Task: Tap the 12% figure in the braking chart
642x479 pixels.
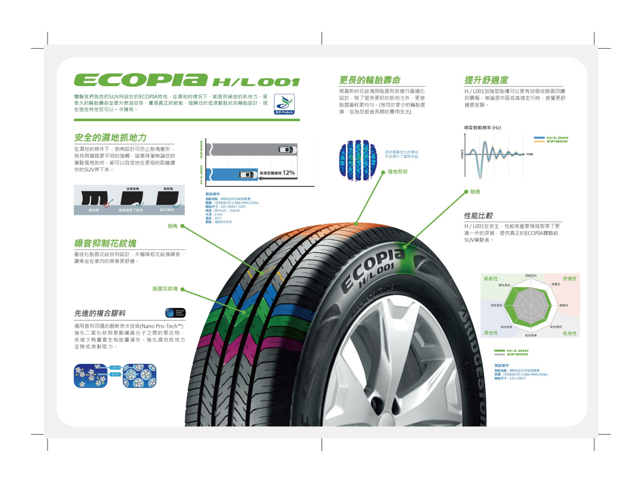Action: [289, 173]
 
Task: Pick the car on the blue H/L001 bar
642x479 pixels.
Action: [245, 174]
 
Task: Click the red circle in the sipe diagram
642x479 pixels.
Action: [108, 203]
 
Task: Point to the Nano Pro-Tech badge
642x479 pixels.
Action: [175, 313]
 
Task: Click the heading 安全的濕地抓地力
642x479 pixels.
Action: [110, 138]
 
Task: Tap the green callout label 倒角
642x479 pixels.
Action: [173, 226]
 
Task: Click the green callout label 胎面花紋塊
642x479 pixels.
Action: [165, 289]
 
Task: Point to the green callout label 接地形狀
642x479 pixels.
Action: [398, 172]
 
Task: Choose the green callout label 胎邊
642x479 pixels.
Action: [475, 192]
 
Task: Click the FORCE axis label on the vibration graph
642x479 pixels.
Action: [462, 154]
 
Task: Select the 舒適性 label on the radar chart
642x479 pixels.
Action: [569, 278]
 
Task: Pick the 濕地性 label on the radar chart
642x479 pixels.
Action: [491, 333]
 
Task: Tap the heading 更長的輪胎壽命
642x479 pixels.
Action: [369, 80]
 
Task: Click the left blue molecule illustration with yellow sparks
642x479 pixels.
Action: [90, 376]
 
